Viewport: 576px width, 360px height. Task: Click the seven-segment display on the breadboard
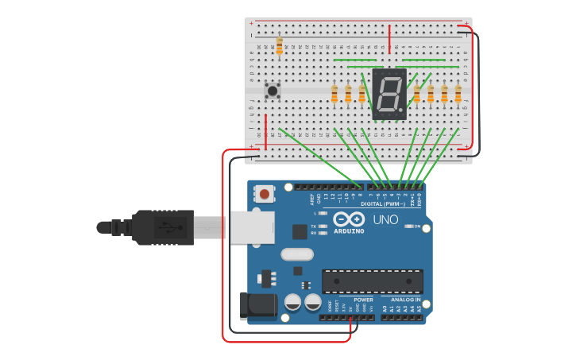coord(389,94)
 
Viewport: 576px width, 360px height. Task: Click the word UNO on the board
coord(385,219)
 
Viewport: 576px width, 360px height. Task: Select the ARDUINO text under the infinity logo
coord(349,231)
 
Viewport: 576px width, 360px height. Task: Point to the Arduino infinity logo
coord(349,219)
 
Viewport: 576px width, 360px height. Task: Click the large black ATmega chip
coord(372,281)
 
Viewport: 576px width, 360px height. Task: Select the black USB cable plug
coord(163,227)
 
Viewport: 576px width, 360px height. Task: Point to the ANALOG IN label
coord(406,300)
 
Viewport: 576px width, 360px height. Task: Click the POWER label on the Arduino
coord(352,300)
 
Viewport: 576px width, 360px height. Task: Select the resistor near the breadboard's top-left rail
coord(279,45)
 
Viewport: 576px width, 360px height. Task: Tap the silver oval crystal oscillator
coord(296,255)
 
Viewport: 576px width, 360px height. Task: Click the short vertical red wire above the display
coord(389,37)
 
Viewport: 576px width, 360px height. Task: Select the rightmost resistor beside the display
coord(458,94)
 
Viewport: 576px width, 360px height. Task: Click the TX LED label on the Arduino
coord(313,226)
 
